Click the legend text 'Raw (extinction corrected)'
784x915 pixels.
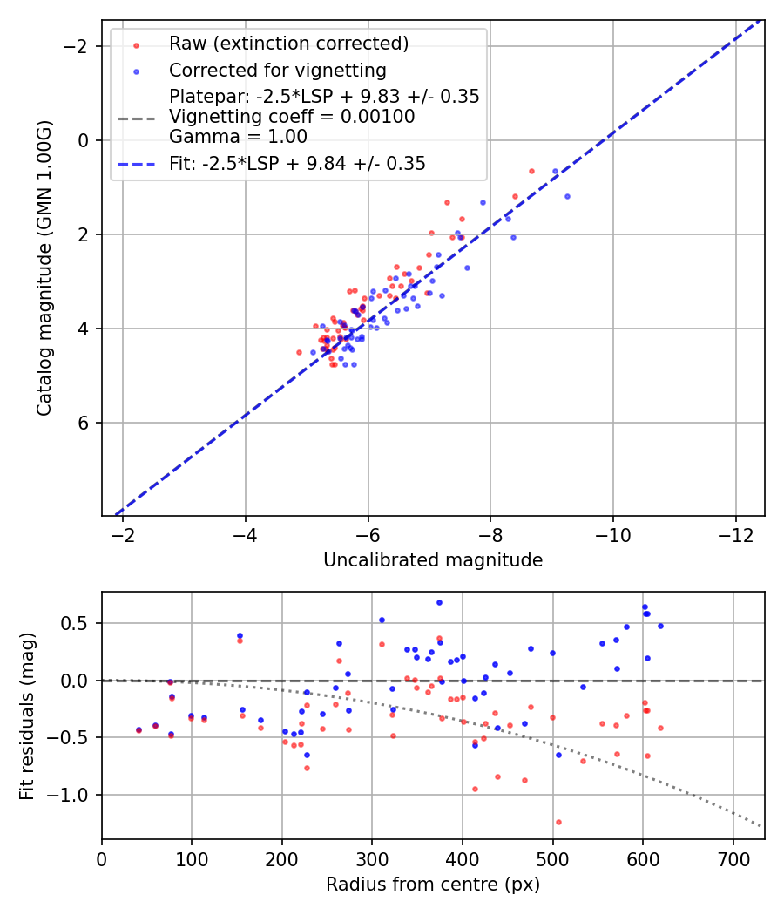(288, 44)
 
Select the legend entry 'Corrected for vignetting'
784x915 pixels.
(277, 70)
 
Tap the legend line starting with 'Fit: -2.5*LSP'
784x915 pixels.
(297, 163)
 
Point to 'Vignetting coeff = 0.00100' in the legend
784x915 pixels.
(292, 117)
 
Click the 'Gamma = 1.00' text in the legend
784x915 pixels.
(238, 136)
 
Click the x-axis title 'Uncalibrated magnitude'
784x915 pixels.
(433, 560)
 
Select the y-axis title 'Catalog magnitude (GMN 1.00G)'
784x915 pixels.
(44, 268)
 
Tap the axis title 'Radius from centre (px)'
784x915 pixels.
(433, 884)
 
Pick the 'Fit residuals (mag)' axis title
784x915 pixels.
(27, 715)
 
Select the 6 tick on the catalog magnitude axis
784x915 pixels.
(85, 423)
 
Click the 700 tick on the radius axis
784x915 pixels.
(733, 858)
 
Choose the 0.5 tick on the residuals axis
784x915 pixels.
(82, 623)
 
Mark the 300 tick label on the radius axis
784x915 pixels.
(372, 858)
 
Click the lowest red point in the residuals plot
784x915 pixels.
(558, 822)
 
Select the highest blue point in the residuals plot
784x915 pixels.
(439, 602)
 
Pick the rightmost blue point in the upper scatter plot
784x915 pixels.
(567, 196)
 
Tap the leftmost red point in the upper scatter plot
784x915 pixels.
(299, 352)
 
